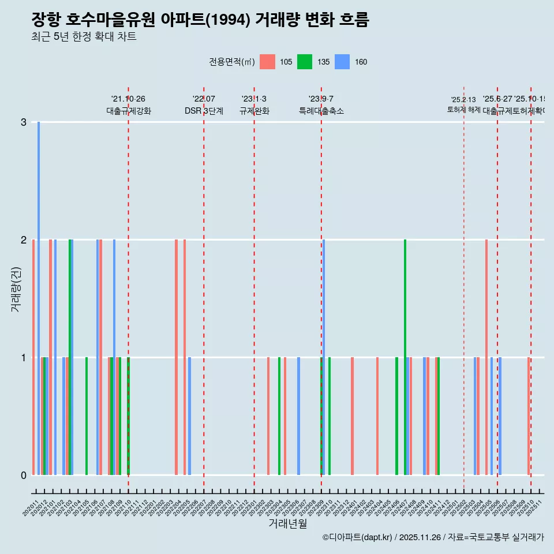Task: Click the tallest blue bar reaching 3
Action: (39, 298)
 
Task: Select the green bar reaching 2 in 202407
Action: (405, 357)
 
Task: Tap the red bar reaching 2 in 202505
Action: (486, 357)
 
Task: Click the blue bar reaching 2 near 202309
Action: (324, 357)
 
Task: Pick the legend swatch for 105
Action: (267, 62)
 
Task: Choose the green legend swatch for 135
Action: (305, 62)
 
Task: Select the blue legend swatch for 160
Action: (342, 62)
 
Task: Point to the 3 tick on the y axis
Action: (24, 122)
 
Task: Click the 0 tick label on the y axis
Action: (24, 476)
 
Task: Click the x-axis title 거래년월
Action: (287, 523)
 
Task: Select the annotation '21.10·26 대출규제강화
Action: (128, 105)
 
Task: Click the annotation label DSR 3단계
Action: (204, 111)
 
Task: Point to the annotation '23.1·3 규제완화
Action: (254, 105)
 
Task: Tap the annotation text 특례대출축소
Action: (321, 111)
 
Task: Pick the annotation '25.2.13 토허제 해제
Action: (463, 104)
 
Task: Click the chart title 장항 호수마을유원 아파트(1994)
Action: (200, 20)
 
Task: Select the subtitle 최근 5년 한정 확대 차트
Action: (84, 37)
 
